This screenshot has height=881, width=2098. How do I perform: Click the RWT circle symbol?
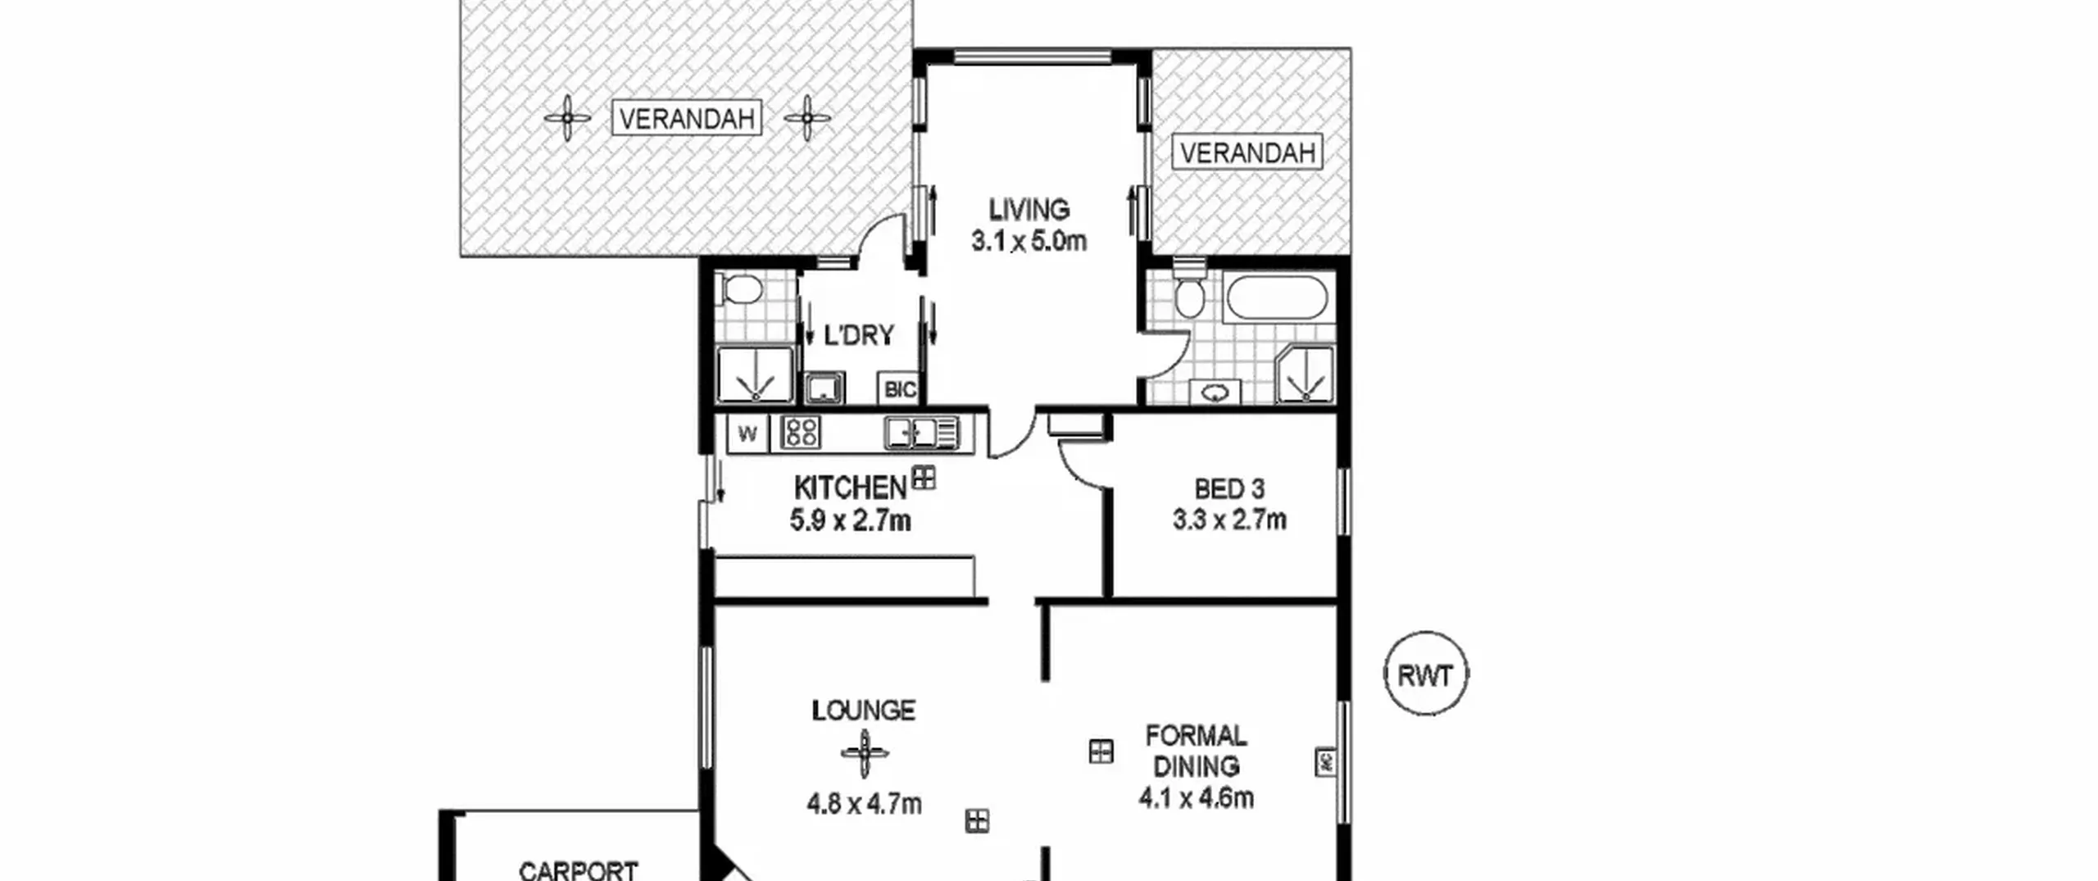pyautogui.click(x=1425, y=674)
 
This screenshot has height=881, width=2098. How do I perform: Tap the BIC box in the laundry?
pyautogui.click(x=900, y=388)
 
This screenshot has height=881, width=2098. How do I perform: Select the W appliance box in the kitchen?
pyautogui.click(x=747, y=434)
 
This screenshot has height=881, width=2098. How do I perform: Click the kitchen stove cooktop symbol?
pyautogui.click(x=800, y=433)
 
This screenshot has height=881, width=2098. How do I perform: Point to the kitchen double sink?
pyautogui.click(x=921, y=433)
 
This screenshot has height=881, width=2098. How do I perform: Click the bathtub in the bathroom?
pyautogui.click(x=1275, y=298)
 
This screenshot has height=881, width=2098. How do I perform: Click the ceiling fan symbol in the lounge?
pyautogui.click(x=864, y=753)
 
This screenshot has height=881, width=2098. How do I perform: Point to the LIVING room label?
pyautogui.click(x=1029, y=210)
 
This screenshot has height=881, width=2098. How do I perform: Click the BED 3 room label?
pyautogui.click(x=1229, y=489)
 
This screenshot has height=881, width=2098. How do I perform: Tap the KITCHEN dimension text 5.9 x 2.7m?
pyautogui.click(x=850, y=520)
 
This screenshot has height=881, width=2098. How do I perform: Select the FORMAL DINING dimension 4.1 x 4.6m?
pyautogui.click(x=1196, y=797)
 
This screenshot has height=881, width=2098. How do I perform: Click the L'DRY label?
pyautogui.click(x=858, y=335)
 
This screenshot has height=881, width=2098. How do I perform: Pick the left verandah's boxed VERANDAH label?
pyautogui.click(x=687, y=119)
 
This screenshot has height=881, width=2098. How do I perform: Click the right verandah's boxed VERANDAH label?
pyautogui.click(x=1247, y=152)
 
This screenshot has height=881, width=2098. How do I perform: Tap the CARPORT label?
pyautogui.click(x=579, y=870)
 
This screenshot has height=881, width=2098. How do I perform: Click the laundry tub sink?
pyautogui.click(x=824, y=388)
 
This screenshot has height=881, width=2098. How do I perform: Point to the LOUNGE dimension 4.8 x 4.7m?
pyautogui.click(x=864, y=804)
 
